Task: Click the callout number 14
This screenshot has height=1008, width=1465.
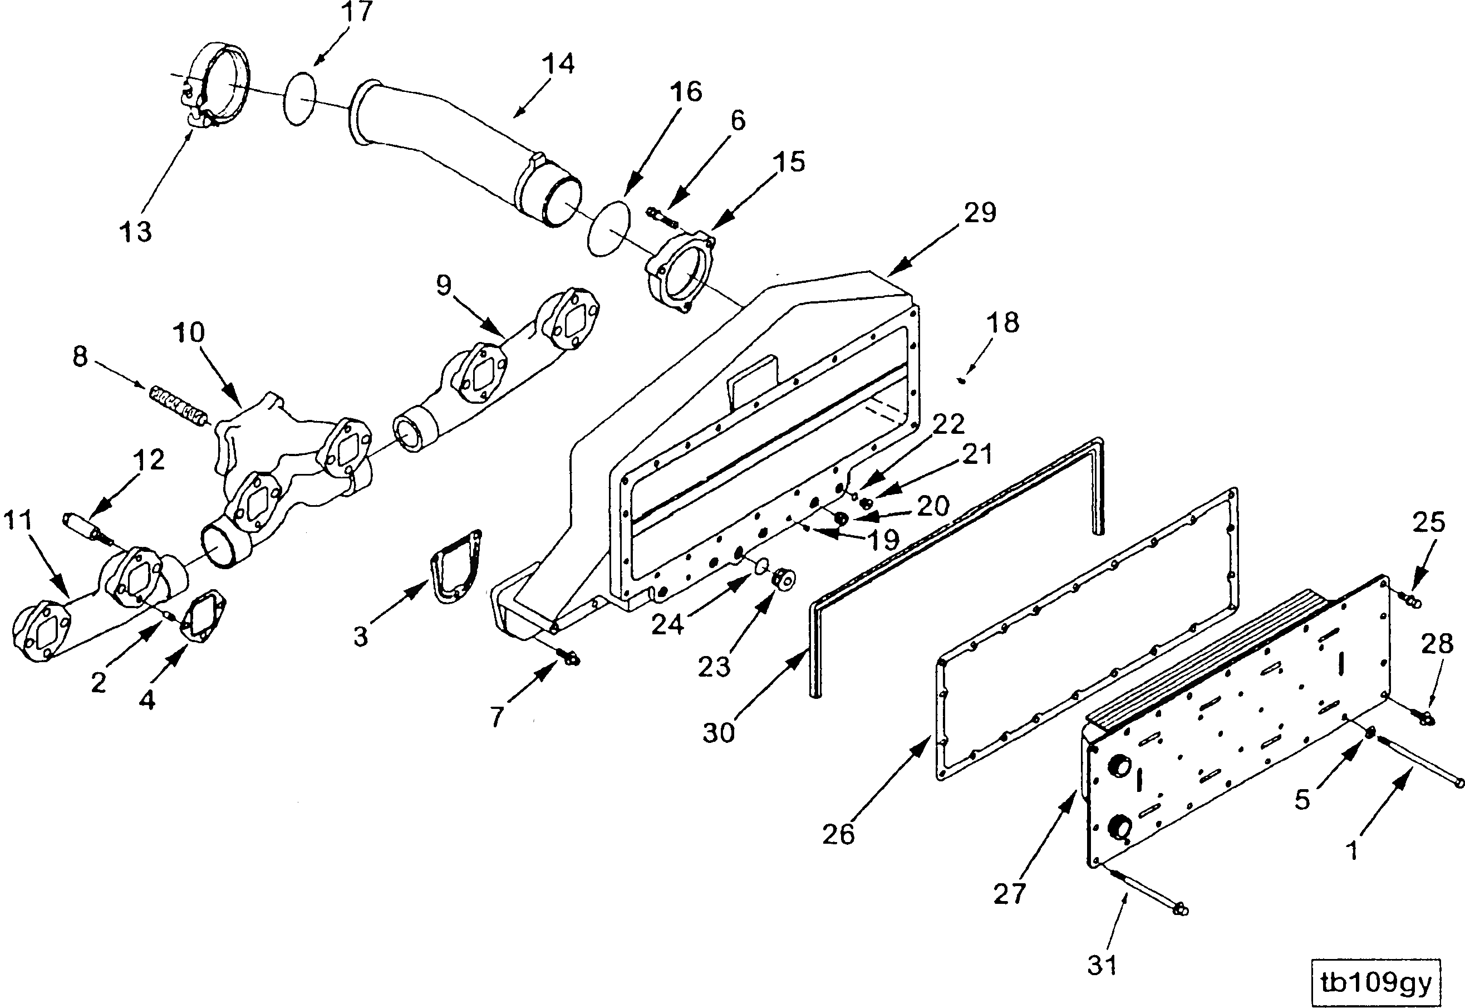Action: coord(558,64)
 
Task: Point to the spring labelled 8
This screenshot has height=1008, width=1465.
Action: coord(179,404)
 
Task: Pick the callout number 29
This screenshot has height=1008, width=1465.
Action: coord(980,213)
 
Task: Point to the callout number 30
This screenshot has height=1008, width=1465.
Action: coord(719,733)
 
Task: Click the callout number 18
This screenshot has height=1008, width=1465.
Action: coord(1002,323)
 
